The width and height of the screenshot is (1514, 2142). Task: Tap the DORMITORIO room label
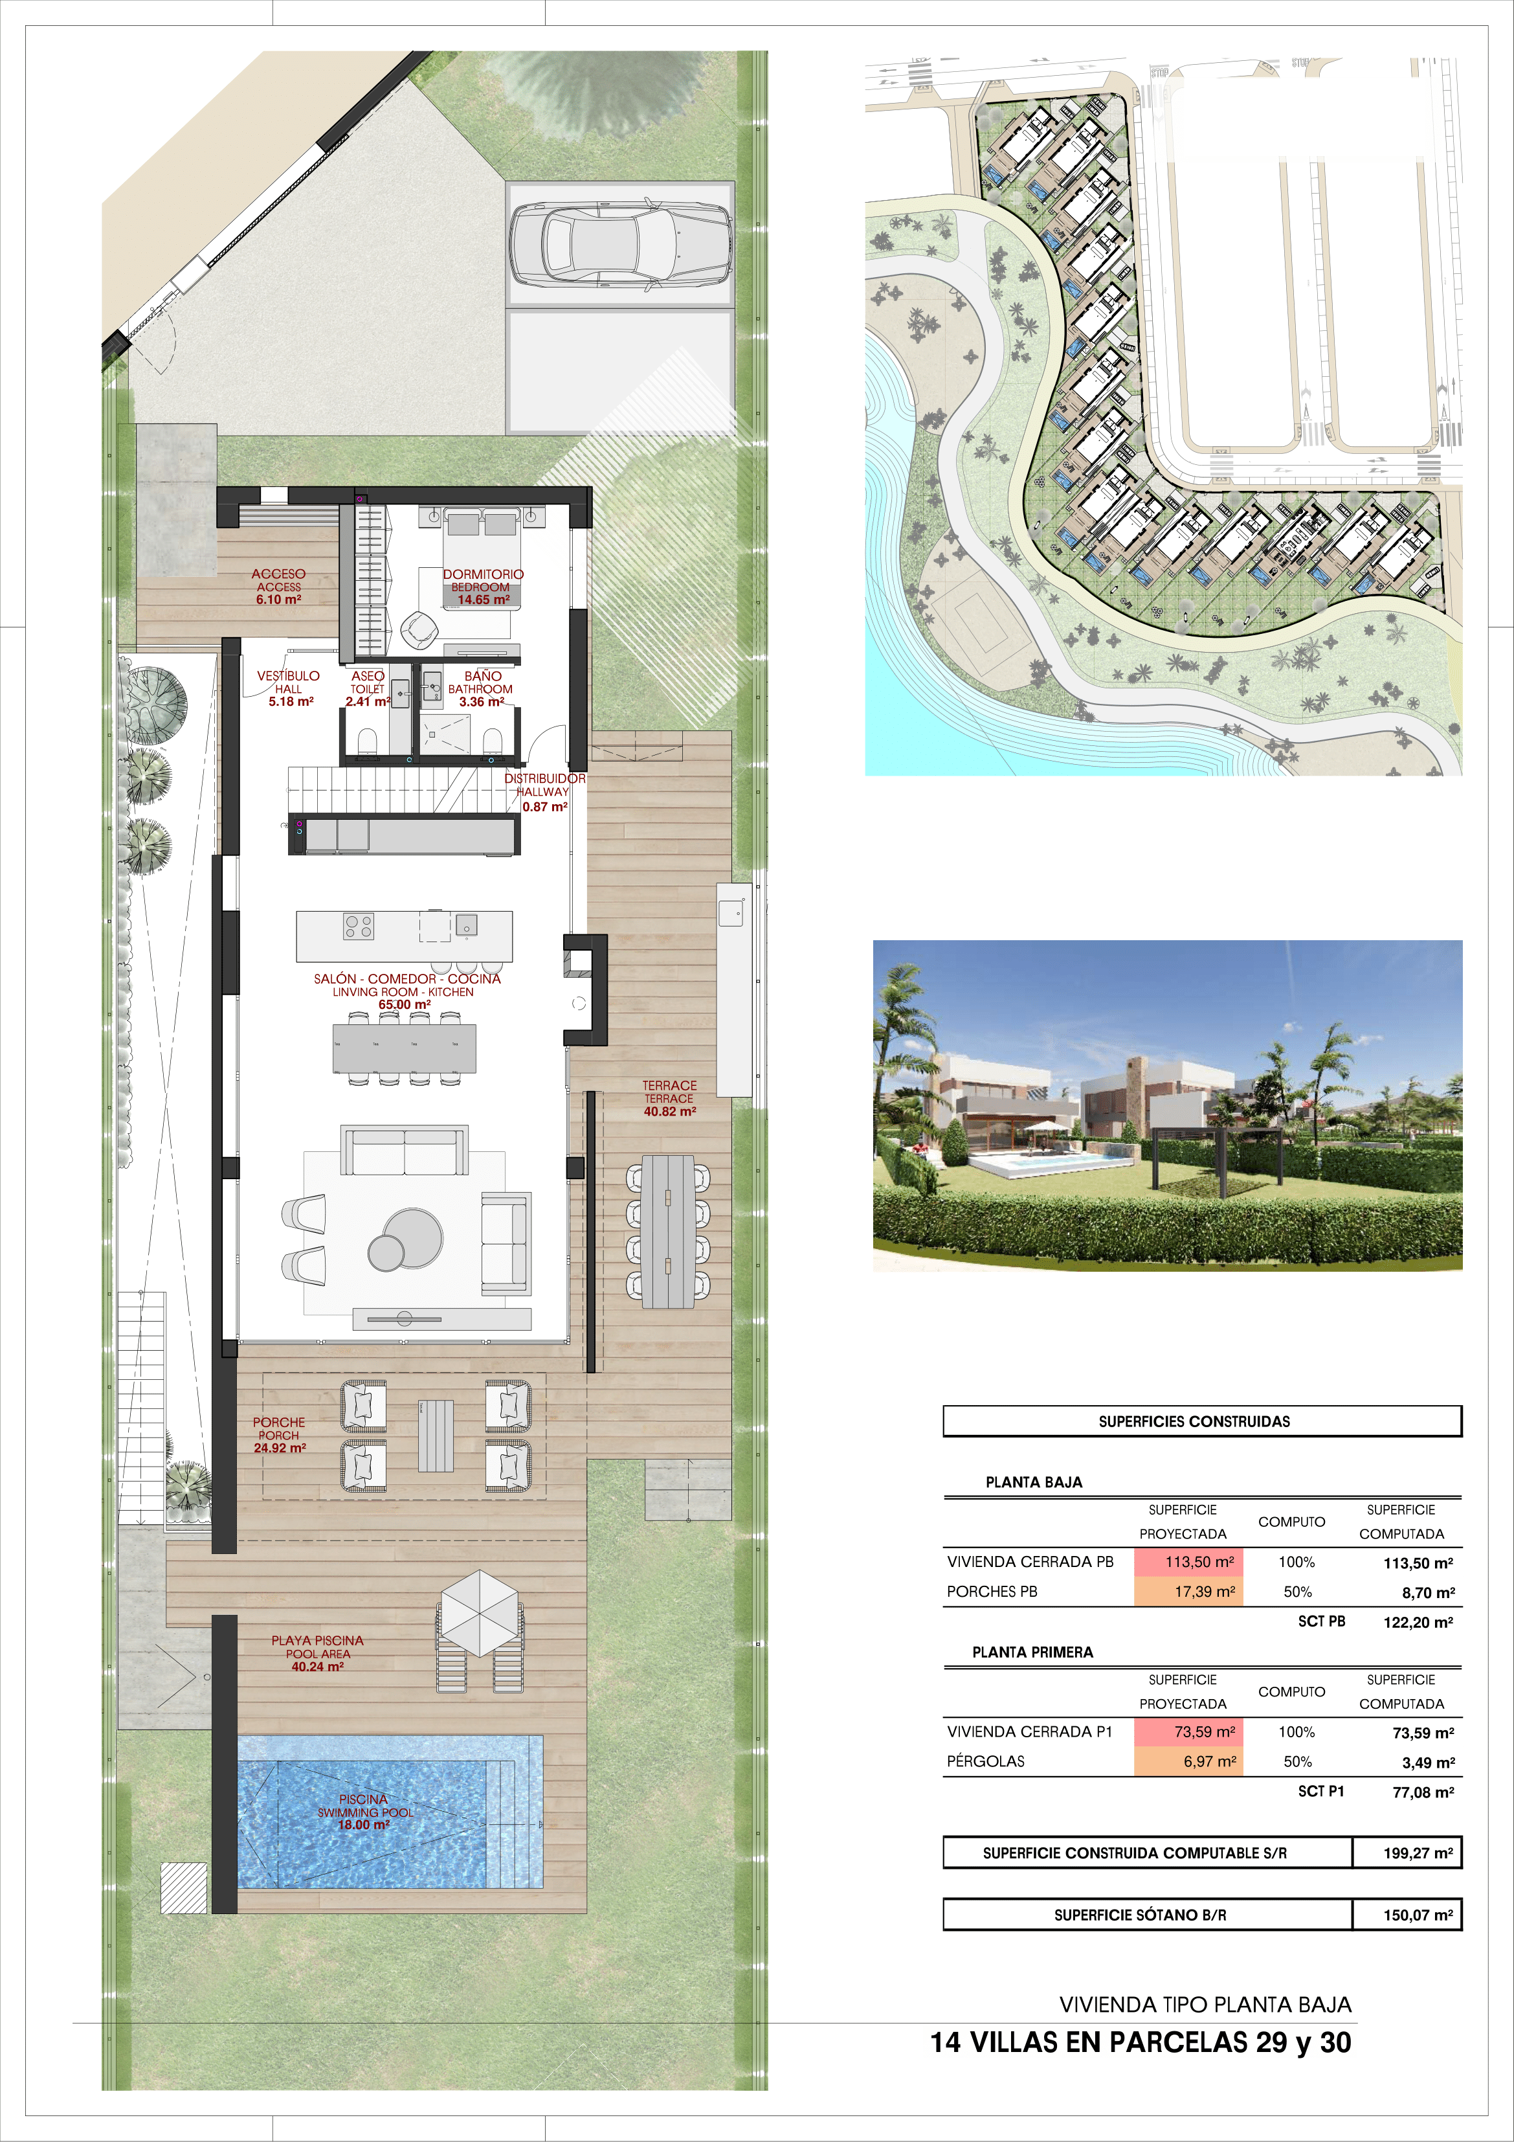[x=484, y=574]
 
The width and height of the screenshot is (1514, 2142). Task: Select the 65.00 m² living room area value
[x=404, y=1005]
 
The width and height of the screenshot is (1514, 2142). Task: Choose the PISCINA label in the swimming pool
[x=363, y=1799]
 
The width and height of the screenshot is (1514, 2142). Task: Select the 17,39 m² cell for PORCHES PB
[x=1188, y=1592]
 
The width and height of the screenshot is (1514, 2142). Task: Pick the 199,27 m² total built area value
[x=1418, y=1853]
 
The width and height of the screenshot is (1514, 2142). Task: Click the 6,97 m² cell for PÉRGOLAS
[x=1188, y=1761]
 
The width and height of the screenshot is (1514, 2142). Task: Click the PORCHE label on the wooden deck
[x=279, y=1423]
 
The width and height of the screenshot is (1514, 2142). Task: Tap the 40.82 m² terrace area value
[x=670, y=1111]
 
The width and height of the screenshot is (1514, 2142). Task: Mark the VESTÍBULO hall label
[x=288, y=675]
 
